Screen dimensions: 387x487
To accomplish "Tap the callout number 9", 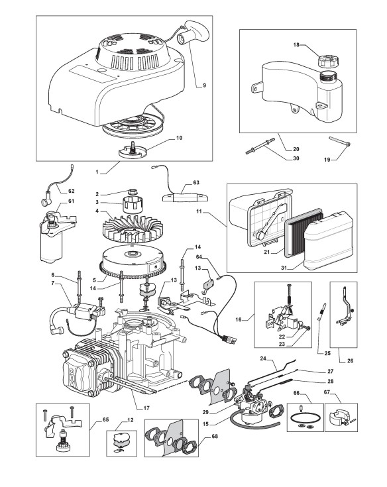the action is pos(204,85).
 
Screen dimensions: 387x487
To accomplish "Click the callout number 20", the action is pos(296,149).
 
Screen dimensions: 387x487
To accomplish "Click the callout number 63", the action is pos(196,182).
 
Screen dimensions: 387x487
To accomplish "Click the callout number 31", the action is pos(283,268).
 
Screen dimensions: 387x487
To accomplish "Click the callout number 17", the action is pos(146,408).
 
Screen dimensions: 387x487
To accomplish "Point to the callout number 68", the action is pos(215,436).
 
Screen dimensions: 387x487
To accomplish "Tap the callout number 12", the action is pos(130,420).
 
